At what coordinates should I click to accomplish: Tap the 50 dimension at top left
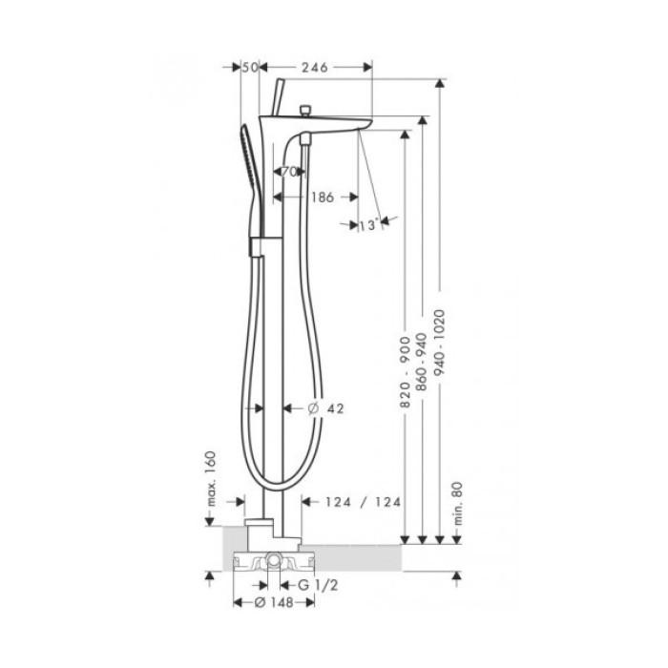(x=251, y=67)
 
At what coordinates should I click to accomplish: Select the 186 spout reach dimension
(x=322, y=198)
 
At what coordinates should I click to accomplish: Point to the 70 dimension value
(x=289, y=172)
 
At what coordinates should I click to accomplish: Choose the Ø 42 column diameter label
(x=327, y=408)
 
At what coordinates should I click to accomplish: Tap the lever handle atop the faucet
(x=278, y=96)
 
